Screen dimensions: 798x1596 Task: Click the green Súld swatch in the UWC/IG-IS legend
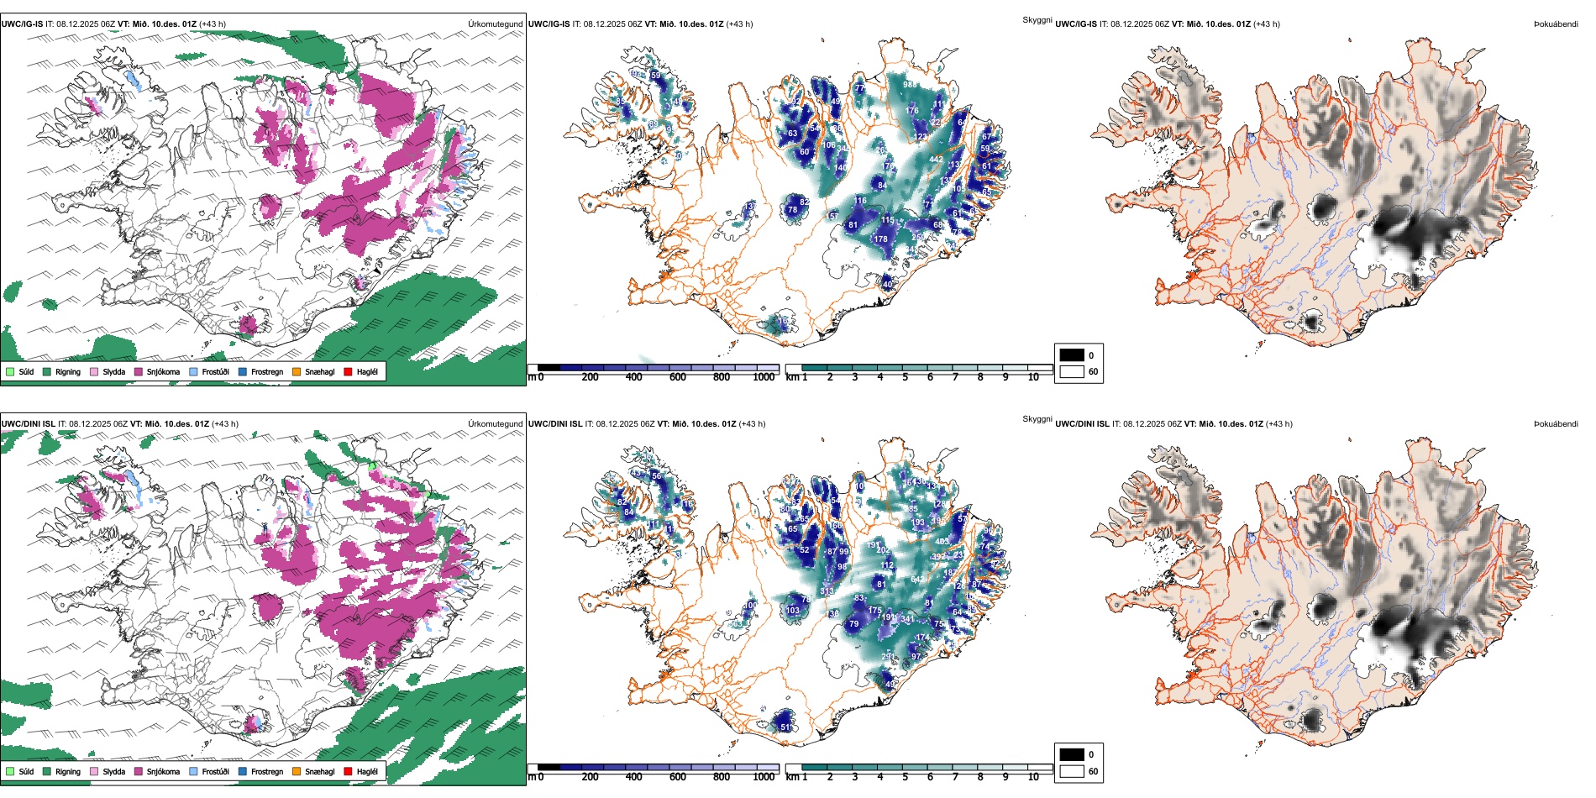[10, 371]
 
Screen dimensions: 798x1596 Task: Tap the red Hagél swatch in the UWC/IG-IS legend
[348, 371]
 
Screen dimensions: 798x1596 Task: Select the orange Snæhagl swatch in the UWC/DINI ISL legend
[297, 771]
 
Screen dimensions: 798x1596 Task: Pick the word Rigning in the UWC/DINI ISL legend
[68, 771]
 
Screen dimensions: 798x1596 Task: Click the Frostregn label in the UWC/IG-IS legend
[266, 371]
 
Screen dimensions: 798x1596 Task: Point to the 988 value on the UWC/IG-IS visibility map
[910, 85]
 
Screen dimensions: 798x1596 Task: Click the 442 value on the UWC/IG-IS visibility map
[936, 159]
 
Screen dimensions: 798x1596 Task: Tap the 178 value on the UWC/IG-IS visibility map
[880, 239]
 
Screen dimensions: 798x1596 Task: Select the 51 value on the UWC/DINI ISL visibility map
[785, 727]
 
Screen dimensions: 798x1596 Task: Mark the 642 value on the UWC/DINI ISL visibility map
[917, 580]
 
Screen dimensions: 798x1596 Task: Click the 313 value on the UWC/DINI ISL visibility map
[827, 591]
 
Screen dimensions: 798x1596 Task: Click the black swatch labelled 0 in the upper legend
[1072, 354]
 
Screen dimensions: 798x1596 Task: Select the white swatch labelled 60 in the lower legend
[1072, 771]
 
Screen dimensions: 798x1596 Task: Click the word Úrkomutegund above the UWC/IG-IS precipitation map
[495, 24]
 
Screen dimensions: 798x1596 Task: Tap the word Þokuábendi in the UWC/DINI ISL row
[1556, 423]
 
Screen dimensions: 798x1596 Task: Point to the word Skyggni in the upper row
[1037, 19]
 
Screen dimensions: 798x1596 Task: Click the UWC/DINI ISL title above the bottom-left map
[28, 423]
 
